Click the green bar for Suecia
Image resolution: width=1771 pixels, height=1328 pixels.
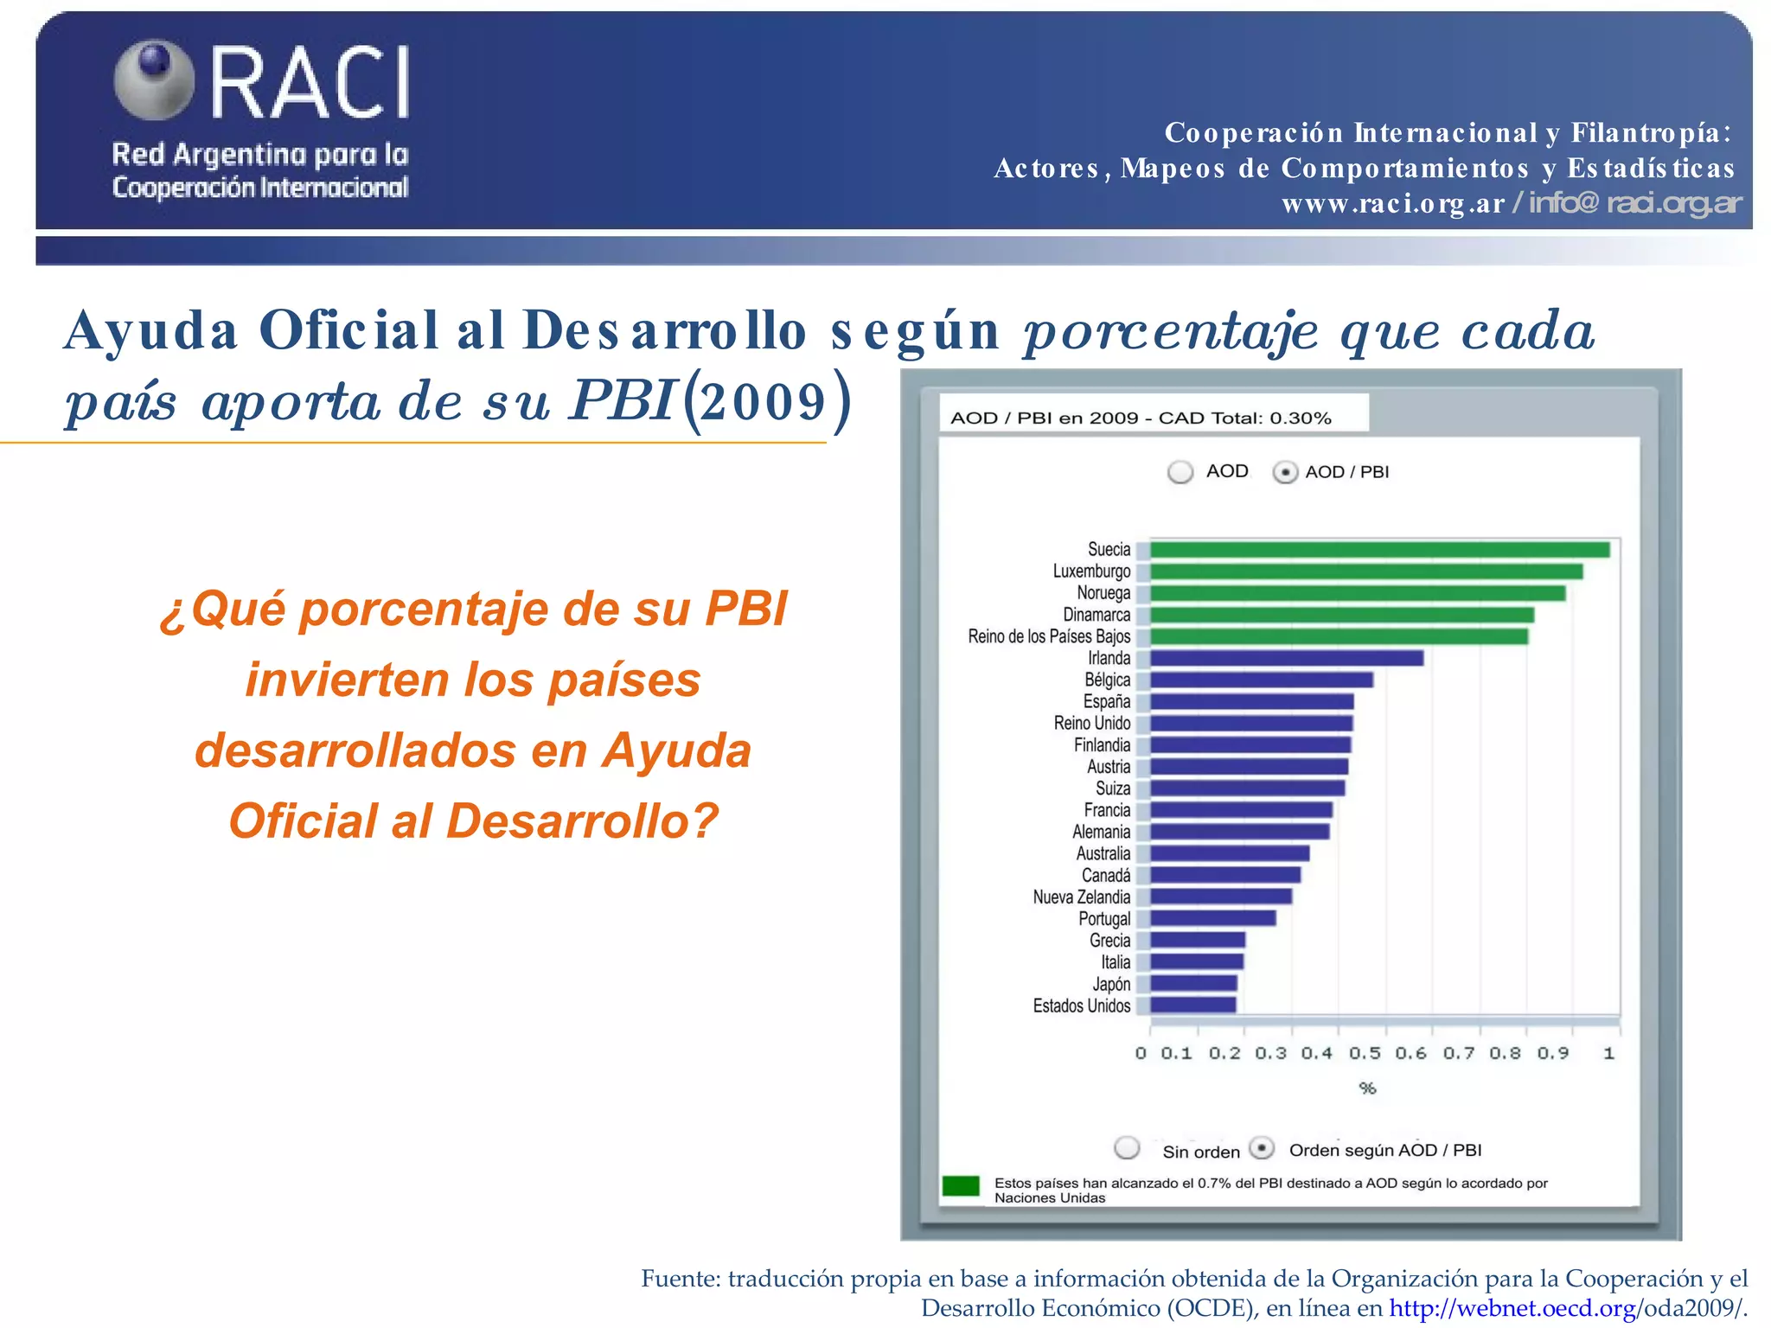click(1378, 550)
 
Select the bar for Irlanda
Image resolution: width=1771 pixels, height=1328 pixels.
click(1286, 658)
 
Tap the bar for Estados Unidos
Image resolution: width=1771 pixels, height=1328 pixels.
click(1192, 1005)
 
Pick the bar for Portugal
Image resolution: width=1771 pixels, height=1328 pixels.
click(1212, 918)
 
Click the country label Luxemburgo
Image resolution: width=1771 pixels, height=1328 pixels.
click(1091, 571)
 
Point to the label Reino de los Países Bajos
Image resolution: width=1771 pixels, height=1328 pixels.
click(1049, 637)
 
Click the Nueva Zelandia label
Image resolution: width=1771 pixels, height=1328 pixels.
click(1081, 897)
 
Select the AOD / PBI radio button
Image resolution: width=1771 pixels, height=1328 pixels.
click(1285, 472)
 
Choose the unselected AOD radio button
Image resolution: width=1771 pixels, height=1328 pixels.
click(1180, 472)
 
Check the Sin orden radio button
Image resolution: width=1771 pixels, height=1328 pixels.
click(1127, 1148)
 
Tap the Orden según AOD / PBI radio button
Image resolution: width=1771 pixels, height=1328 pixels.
click(1263, 1148)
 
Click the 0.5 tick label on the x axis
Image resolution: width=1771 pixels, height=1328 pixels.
click(1365, 1054)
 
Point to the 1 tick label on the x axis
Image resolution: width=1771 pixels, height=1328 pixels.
click(1608, 1054)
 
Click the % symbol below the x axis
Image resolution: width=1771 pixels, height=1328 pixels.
click(1367, 1089)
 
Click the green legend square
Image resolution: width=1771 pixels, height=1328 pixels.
click(960, 1185)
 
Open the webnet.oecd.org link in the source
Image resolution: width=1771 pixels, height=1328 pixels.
click(1512, 1308)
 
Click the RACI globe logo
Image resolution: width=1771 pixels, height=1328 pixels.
click(154, 80)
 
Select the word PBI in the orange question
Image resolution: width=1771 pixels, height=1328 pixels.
click(745, 609)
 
